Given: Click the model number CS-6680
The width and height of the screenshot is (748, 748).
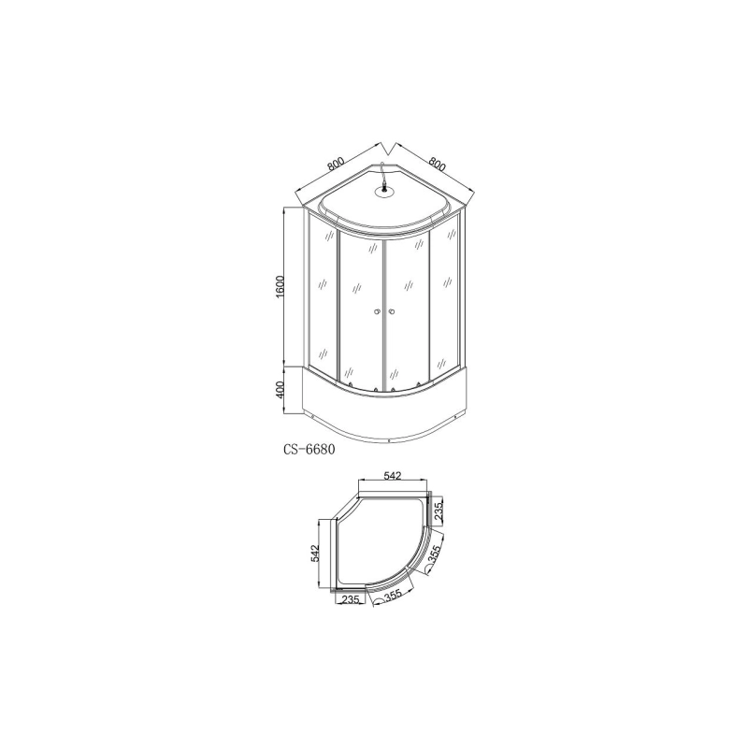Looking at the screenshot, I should click(309, 448).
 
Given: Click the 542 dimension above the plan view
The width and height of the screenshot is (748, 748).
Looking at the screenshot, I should click(392, 476).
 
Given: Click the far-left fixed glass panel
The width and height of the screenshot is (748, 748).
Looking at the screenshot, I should click(323, 299).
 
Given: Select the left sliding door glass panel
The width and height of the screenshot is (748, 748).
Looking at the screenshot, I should click(360, 309).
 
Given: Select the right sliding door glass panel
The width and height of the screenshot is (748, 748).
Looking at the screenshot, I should click(407, 309).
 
